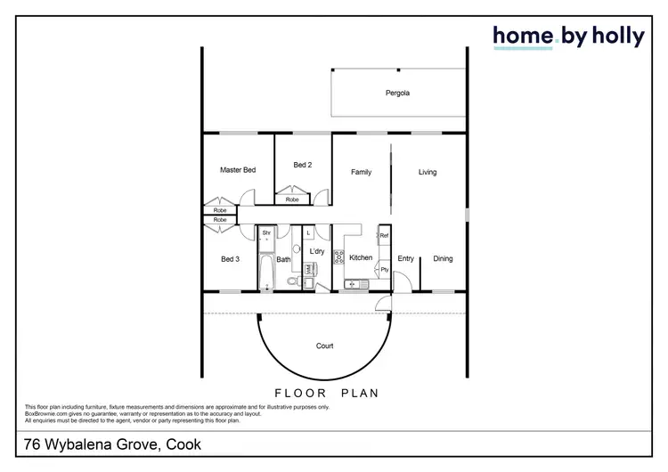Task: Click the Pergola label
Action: pos(397,93)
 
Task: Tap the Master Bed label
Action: pos(238,169)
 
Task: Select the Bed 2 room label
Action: pos(303,165)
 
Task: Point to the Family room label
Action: pos(361,172)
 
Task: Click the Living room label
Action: pos(428,172)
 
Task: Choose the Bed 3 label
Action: pos(230,259)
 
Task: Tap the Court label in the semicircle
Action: pos(325,346)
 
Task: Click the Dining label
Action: pos(443,259)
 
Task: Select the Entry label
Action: pos(405,259)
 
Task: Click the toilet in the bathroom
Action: pos(292,281)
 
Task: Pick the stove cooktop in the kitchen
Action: pos(339,258)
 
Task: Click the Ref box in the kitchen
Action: pos(385,236)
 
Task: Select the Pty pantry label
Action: pos(385,269)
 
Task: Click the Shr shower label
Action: pos(265,232)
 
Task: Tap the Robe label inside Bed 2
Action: pos(292,199)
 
